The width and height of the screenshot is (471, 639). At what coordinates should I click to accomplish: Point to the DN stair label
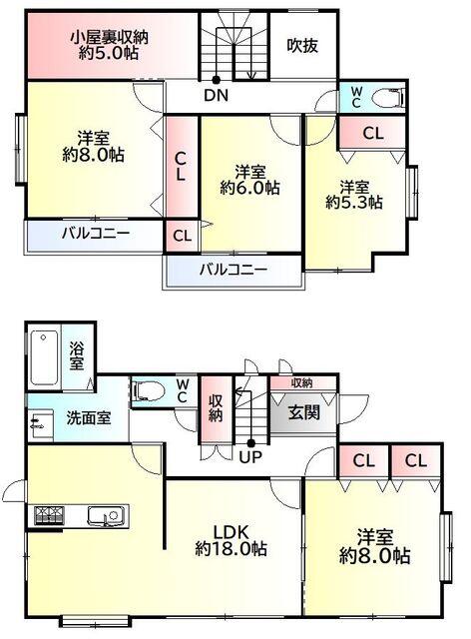215,97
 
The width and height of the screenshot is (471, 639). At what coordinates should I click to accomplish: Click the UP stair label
249,456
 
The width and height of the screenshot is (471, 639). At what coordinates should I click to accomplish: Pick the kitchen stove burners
49,515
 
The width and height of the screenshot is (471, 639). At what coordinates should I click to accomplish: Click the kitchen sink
105,515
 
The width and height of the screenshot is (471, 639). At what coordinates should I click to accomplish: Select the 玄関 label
303,411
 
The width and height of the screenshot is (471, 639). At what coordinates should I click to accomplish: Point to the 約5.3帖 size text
354,202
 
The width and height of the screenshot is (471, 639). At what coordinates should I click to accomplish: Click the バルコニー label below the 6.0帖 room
232,270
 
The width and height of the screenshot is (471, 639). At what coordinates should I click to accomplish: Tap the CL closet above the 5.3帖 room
371,133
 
